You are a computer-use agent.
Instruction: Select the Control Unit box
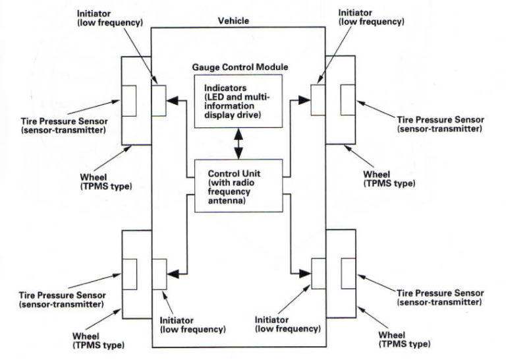[x=238, y=186]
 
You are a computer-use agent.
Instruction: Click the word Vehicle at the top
[x=233, y=20]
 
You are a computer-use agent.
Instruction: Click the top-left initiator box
[x=159, y=100]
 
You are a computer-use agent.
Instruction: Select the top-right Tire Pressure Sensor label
[x=440, y=124]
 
